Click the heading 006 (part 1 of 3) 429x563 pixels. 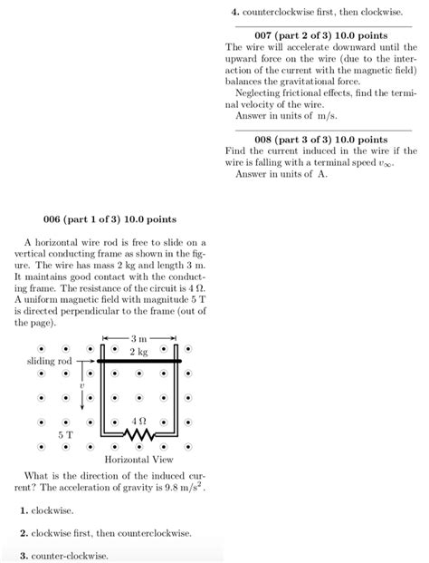point(110,219)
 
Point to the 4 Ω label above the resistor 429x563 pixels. point(139,421)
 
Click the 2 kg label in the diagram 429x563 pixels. point(138,351)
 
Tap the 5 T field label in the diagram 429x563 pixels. point(65,435)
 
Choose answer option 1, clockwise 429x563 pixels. point(47,511)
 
